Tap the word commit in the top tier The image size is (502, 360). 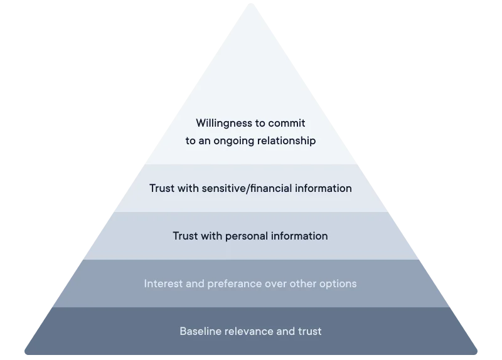coord(287,123)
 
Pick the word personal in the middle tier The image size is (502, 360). coord(241,236)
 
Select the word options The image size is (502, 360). coord(337,283)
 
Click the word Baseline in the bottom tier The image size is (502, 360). coord(200,331)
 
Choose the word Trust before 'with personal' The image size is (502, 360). coord(186,236)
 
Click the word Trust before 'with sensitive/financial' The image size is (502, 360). coord(163,188)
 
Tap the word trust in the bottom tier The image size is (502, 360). coord(309,331)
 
